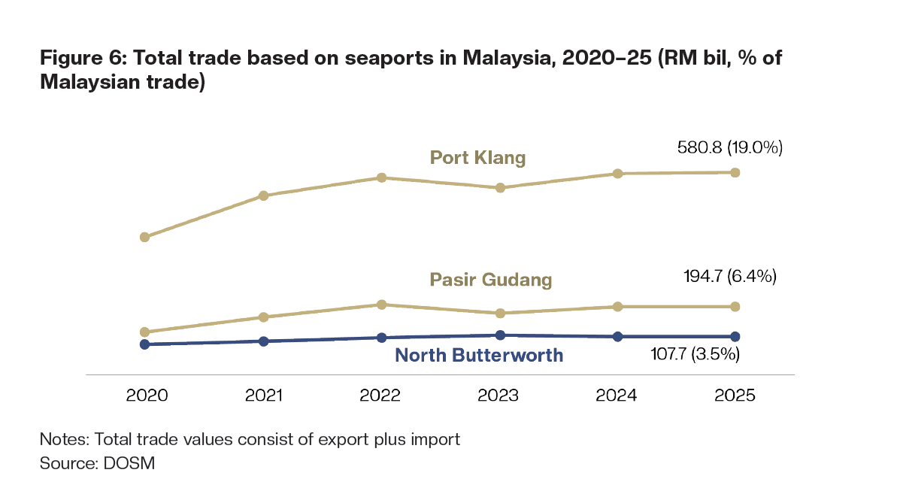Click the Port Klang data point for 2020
145,237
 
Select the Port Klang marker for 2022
381,177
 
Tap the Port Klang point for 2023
499,187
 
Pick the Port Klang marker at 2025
735,172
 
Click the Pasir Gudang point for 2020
145,332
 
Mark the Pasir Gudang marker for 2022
381,305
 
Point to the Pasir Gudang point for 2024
617,307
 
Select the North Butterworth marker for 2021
263,341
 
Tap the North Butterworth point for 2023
499,335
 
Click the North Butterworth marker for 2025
735,336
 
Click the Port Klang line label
477,158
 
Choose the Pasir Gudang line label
491,280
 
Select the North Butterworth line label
479,355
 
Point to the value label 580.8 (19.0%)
730,148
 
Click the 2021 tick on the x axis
263,396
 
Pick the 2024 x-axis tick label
617,396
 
